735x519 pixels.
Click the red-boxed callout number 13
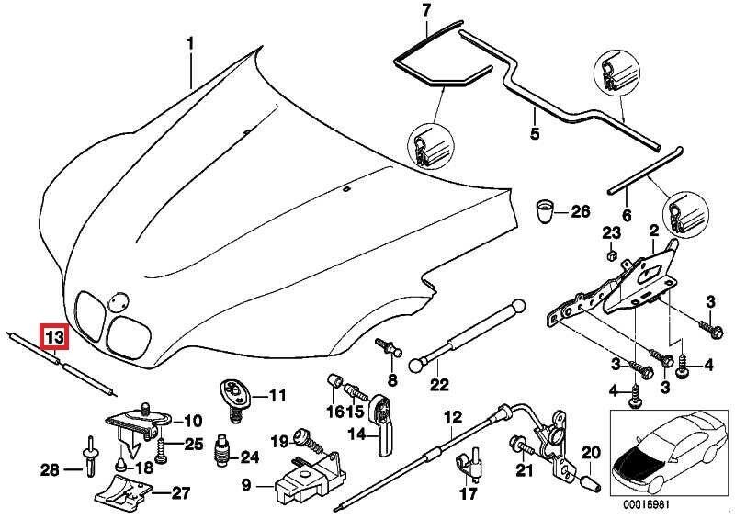[x=54, y=338]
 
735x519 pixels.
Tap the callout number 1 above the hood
[x=191, y=43]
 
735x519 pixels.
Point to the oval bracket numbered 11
[x=236, y=395]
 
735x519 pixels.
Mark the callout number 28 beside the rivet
[x=50, y=471]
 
